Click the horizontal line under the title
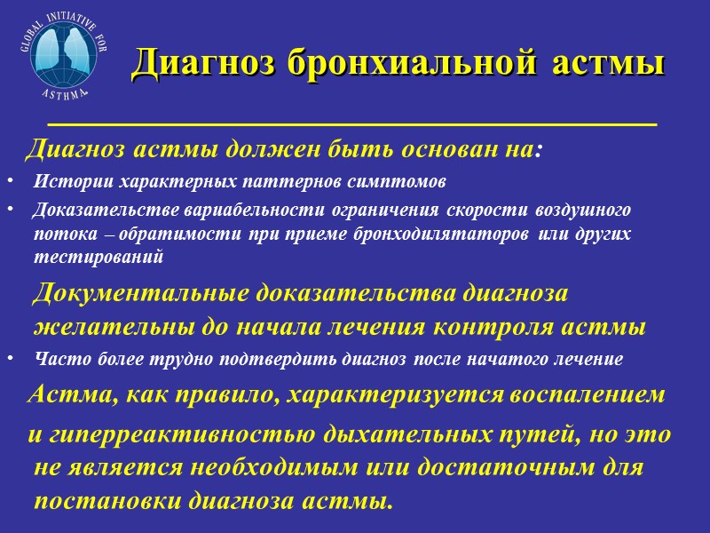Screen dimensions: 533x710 pyautogui.click(x=351, y=123)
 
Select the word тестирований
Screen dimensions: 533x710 pyautogui.click(x=99, y=256)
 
